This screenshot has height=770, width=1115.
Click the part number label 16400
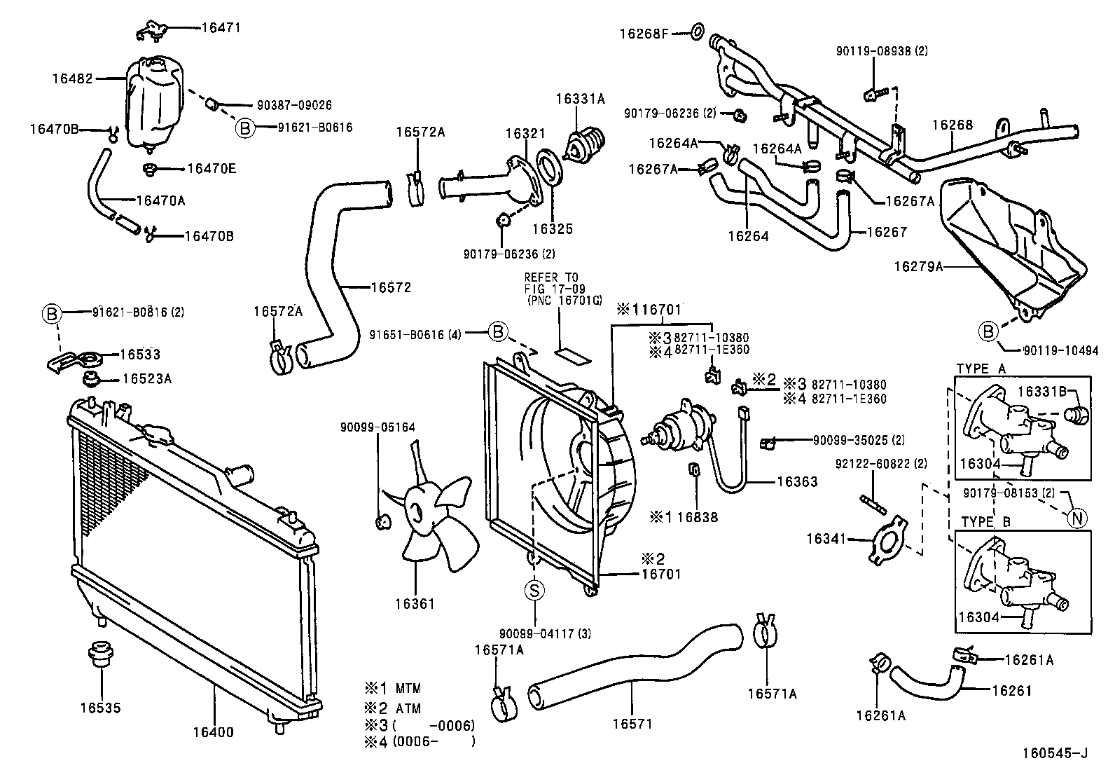214,732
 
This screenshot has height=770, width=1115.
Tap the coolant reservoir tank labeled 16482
154,102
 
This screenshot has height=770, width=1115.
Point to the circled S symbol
534,591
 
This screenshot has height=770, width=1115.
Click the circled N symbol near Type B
1077,518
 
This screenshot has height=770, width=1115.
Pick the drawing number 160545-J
1054,753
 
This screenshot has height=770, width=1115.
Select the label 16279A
917,266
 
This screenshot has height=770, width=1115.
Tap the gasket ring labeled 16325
549,170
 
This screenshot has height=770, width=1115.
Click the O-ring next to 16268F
698,32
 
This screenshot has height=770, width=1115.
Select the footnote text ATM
408,708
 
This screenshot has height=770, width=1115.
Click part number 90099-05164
378,427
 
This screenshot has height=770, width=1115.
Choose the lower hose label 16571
632,723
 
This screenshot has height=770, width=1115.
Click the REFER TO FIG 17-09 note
562,289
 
